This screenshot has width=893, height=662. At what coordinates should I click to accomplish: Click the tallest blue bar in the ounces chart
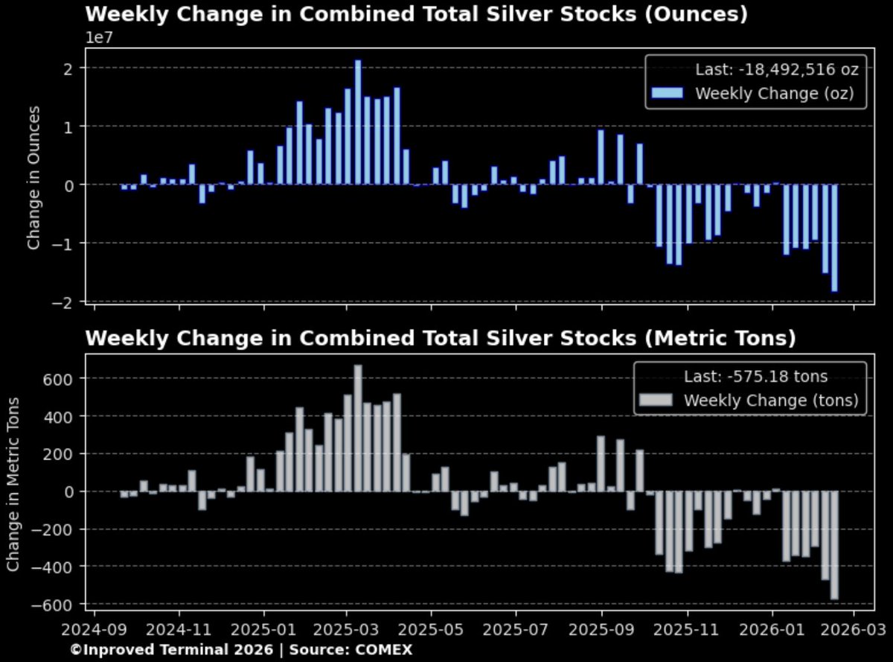click(358, 123)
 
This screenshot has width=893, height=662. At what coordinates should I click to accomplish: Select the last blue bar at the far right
click(834, 238)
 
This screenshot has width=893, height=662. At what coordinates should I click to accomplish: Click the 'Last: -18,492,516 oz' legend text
click(777, 70)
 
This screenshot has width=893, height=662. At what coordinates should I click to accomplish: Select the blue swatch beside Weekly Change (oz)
click(667, 93)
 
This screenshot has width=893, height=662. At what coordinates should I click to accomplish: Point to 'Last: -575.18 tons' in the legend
click(755, 377)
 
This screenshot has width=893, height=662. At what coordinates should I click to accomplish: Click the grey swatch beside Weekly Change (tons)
click(656, 400)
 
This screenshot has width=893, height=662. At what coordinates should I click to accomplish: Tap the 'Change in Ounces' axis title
click(33, 177)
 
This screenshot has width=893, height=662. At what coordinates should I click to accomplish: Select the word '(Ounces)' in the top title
click(695, 14)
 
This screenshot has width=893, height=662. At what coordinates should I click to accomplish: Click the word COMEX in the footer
click(383, 649)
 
